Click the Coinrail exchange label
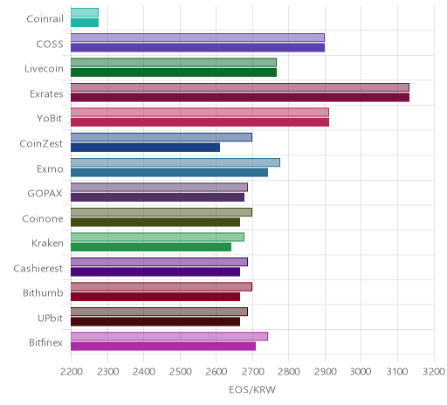45,19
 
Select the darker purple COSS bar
198,48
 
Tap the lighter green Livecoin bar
174,63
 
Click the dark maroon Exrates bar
240,98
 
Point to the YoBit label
50,119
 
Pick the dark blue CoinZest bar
146,148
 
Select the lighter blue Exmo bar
175,162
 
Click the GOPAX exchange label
45,194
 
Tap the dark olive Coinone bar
155,222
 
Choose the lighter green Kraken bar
157,237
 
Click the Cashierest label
38,268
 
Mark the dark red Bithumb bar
155,297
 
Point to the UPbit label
50,318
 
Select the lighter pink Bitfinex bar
169,337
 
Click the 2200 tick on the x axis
72,372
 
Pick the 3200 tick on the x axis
434,372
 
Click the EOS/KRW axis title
252,389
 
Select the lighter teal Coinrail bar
85,12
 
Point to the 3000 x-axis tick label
361,372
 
